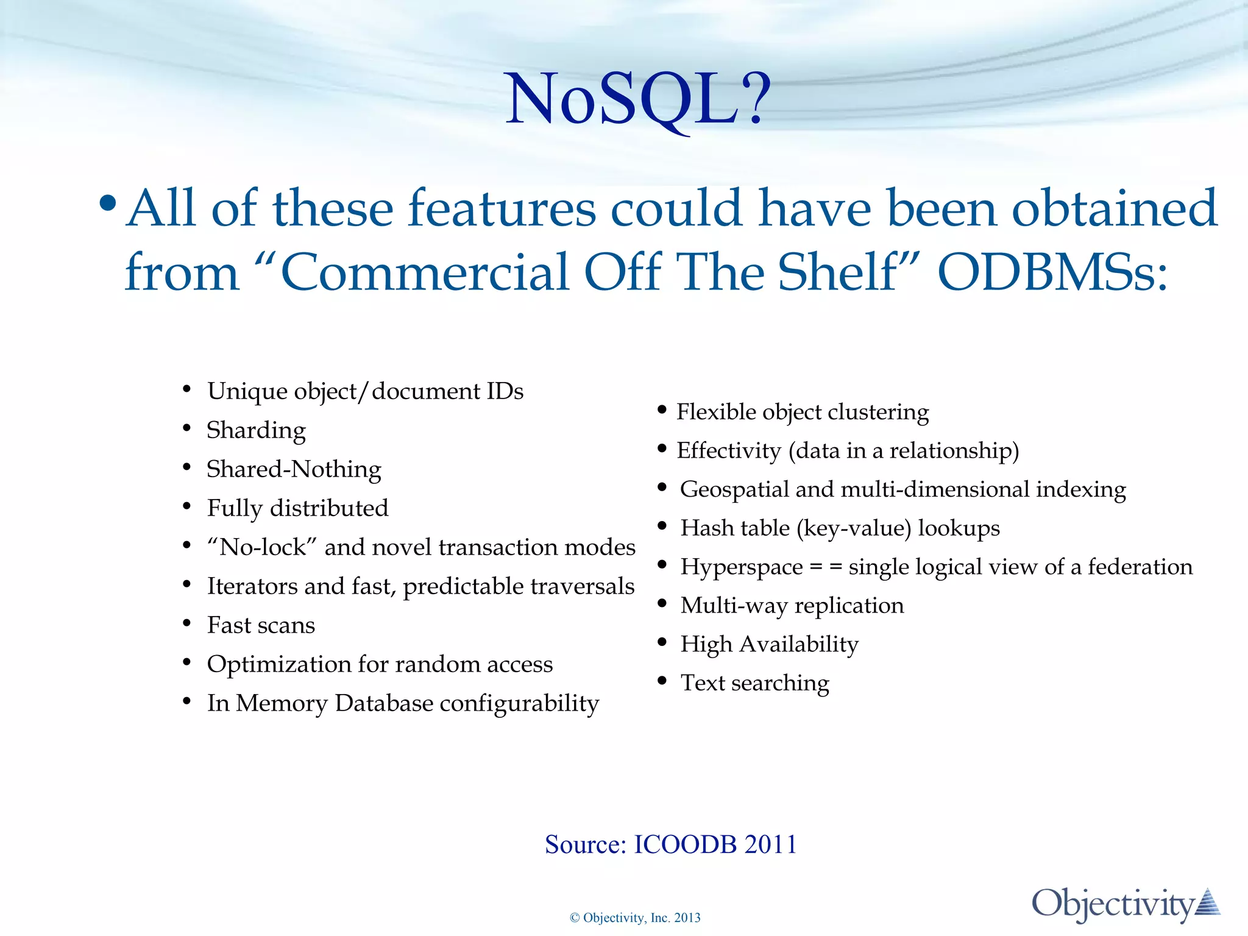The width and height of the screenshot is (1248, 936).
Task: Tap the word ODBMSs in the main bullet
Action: click(1052, 272)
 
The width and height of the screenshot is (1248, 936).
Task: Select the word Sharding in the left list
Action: click(256, 430)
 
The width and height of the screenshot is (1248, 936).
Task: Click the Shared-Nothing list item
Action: click(294, 469)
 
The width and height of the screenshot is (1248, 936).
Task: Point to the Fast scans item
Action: click(261, 625)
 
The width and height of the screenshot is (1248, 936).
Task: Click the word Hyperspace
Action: click(741, 567)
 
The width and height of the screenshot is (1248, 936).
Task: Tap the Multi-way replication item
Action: click(792, 606)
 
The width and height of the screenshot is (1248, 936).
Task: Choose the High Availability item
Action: click(769, 645)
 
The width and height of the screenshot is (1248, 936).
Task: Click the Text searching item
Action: click(754, 683)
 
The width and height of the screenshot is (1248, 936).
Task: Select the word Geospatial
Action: click(734, 489)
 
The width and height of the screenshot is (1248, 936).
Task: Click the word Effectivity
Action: click(728, 451)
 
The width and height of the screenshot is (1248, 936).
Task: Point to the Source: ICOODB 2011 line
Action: click(670, 845)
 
